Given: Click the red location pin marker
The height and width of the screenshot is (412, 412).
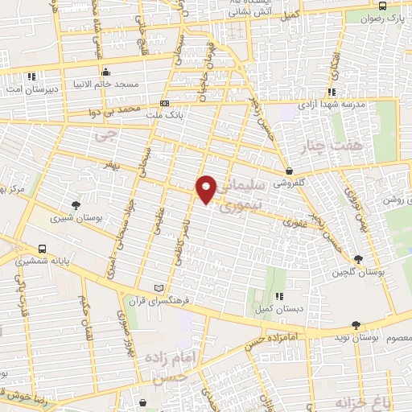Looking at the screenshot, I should [x=207, y=188].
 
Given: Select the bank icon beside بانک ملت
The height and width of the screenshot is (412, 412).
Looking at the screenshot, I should [x=165, y=103].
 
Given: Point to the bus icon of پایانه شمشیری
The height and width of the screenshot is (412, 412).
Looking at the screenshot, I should [x=41, y=248].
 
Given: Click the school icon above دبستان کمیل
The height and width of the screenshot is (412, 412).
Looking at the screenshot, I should [x=279, y=297].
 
